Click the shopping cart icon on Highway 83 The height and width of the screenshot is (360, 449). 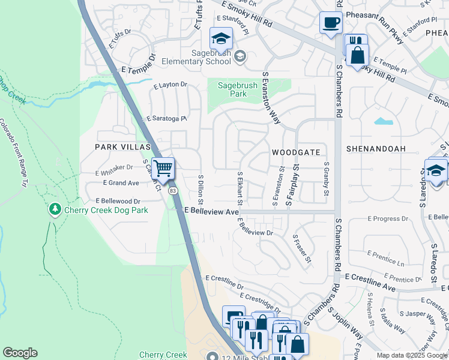(163, 169)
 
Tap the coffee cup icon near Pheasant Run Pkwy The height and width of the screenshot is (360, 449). (331, 23)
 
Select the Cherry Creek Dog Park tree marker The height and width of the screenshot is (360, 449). (55, 209)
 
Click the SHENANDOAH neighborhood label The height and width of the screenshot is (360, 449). (376, 148)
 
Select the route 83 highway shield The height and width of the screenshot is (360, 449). (173, 190)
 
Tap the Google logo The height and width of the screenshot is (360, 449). (20, 353)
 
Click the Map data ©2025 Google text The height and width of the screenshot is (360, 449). (412, 355)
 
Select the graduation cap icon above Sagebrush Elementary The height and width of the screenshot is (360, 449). (221, 38)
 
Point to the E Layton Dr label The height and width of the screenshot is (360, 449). (170, 85)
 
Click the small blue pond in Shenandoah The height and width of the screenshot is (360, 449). (383, 121)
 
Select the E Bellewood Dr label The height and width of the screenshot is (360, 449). (118, 202)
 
